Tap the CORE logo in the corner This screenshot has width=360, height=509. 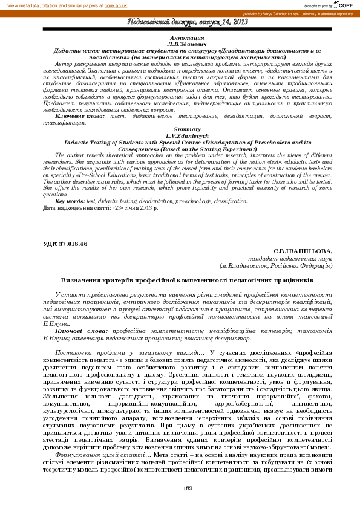point(347,5)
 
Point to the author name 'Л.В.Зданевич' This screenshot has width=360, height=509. point(179,44)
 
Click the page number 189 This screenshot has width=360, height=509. point(188,488)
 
